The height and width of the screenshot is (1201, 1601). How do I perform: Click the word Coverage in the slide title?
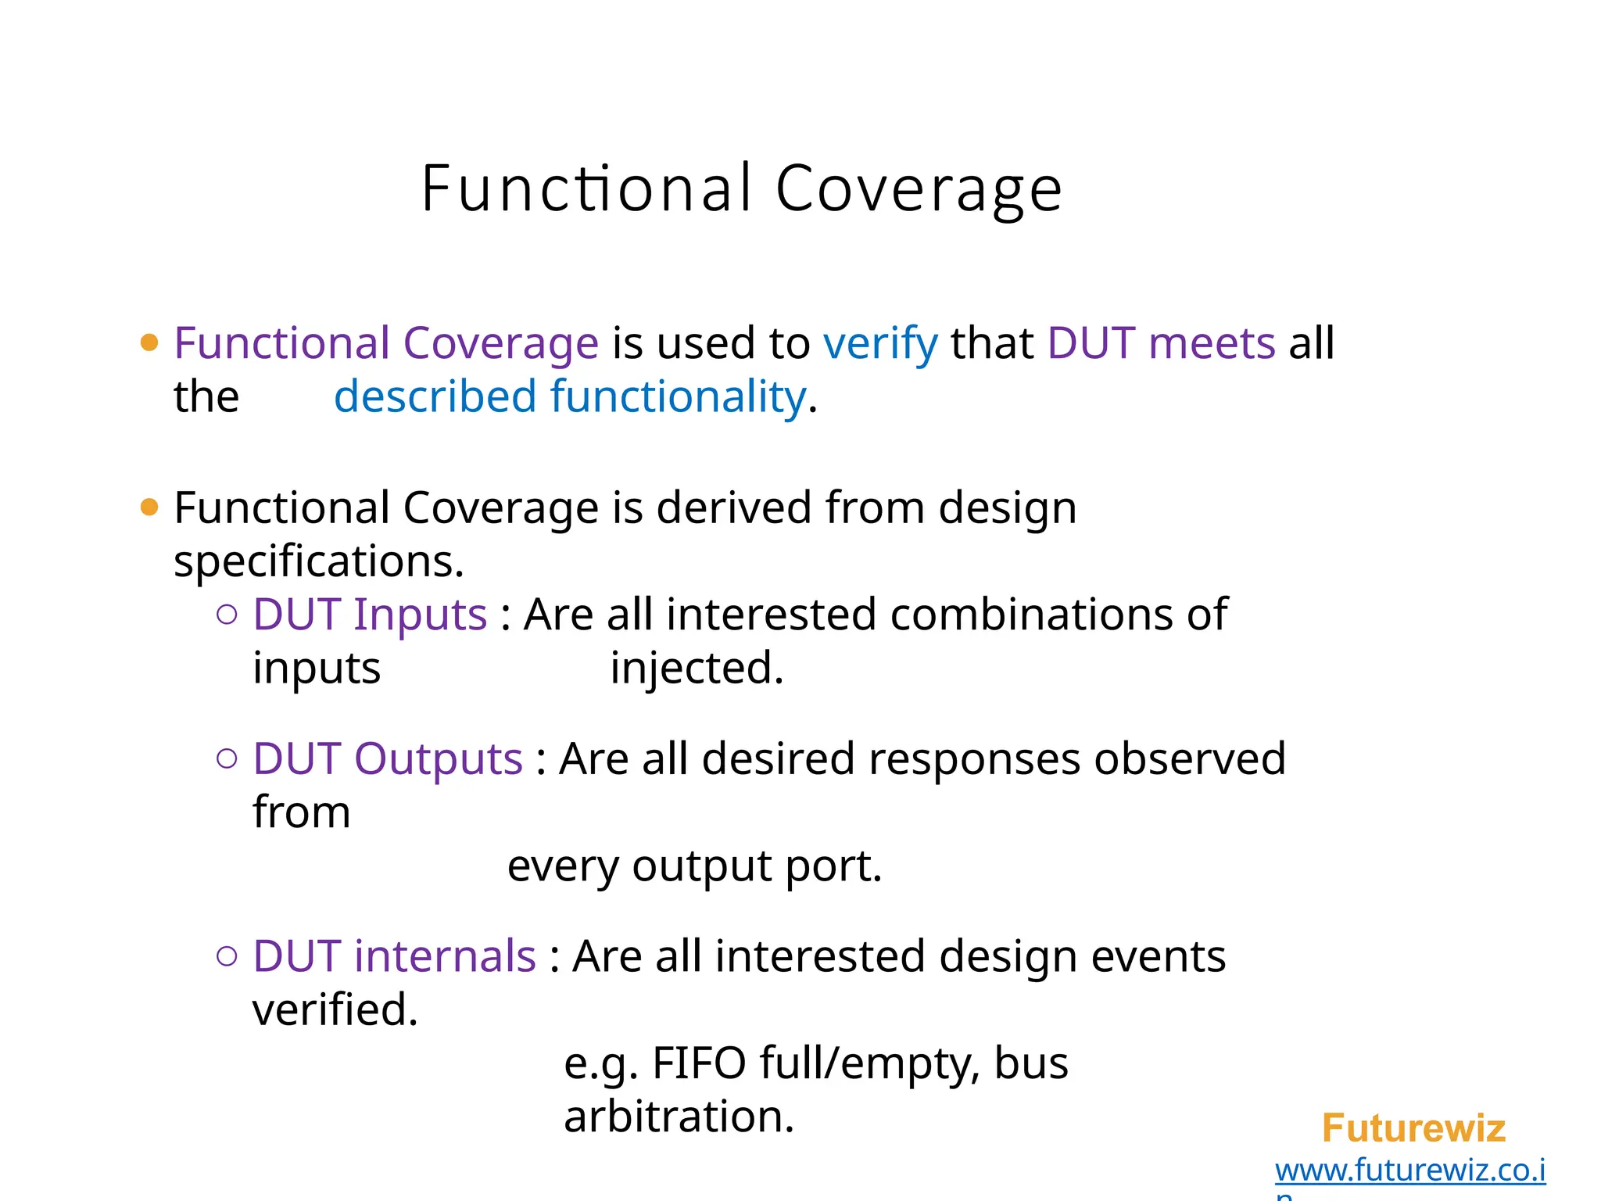(919, 189)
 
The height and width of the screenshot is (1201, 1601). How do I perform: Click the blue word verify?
(880, 344)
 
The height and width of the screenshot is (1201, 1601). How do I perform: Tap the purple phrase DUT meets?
(1161, 344)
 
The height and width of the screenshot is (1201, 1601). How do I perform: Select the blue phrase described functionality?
(570, 397)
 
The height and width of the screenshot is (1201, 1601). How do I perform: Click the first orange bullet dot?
(149, 342)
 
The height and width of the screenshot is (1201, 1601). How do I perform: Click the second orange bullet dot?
(149, 507)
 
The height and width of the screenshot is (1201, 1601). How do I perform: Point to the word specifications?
(318, 562)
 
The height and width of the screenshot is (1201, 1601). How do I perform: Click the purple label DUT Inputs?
(370, 615)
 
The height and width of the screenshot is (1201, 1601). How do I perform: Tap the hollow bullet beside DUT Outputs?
(227, 758)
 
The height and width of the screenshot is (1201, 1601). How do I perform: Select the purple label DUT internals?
(394, 956)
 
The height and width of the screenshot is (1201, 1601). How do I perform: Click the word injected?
(696, 669)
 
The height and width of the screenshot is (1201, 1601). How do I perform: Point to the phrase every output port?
(694, 866)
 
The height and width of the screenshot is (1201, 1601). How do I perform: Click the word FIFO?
(699, 1063)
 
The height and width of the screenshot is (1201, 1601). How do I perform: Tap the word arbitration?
(679, 1117)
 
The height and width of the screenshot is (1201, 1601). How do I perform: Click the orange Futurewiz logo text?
(1413, 1128)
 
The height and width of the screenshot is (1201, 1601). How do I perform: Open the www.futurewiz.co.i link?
(1409, 1171)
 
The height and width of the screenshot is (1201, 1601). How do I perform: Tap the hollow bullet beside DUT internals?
(227, 955)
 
